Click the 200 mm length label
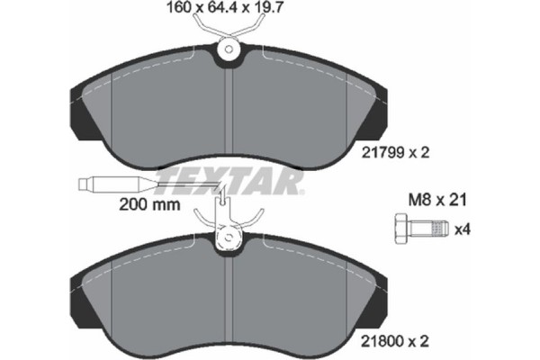point(149,204)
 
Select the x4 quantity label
point(462,230)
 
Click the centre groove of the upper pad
point(232,108)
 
